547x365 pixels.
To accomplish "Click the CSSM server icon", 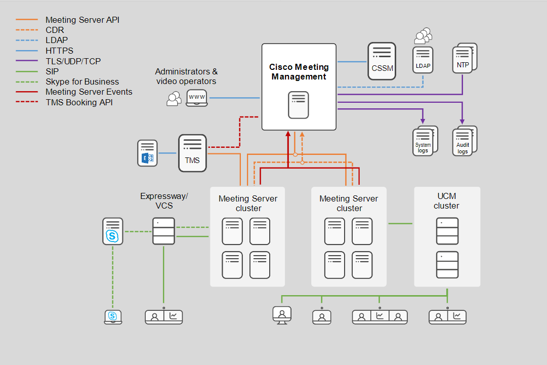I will pos(382,61).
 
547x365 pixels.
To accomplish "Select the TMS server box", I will pos(192,153).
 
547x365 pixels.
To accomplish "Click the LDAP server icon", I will pos(423,60).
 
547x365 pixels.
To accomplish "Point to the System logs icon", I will pos(424,141).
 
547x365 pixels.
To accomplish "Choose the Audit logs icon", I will pos(463,141).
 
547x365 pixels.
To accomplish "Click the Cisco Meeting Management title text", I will pos(299,72).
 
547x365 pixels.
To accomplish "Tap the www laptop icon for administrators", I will pos(197,97).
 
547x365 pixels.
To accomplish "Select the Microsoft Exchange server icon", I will pos(147,153).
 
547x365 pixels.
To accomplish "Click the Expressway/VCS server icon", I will pos(163,231).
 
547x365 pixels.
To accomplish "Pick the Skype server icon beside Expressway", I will pos(112,231).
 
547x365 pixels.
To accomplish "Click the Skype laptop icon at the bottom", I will pos(113,316).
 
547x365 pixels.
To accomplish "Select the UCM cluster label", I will pos(446,201).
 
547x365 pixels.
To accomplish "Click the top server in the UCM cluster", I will pos(447,231).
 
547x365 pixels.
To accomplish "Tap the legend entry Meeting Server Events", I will pos(89,92).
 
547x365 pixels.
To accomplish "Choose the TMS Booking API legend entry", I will pos(78,102).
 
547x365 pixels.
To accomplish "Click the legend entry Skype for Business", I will pos(82,82).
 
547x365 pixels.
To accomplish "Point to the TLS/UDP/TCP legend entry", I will pos(73,61).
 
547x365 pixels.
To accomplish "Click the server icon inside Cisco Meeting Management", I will pos(299,105).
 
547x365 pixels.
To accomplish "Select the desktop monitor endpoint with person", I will pos(282,314).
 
